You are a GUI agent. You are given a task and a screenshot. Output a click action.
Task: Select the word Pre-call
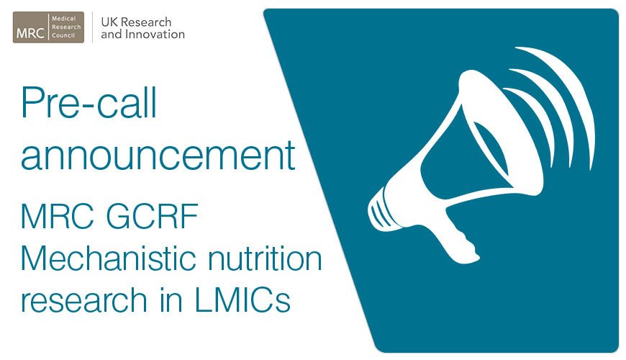coord(89,104)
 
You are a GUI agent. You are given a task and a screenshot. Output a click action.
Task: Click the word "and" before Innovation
coord(111,34)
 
